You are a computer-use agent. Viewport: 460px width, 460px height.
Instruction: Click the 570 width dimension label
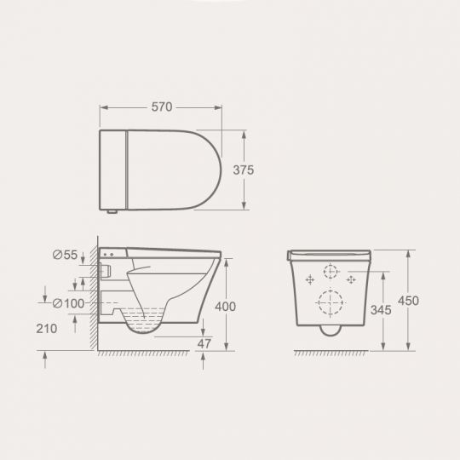pos(162,106)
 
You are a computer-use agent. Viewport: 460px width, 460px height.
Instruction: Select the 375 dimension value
pos(244,170)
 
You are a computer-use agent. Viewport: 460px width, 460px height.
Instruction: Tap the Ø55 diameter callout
pos(65,254)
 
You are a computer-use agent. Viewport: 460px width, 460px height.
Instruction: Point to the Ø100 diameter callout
pos(68,302)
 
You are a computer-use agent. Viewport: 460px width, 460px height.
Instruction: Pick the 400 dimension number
pos(225,306)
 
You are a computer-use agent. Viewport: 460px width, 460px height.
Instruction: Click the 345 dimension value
pos(382,310)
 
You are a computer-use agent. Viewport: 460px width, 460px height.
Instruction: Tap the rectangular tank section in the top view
pos(113,169)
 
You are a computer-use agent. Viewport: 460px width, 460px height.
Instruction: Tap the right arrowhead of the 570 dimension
pos(219,107)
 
